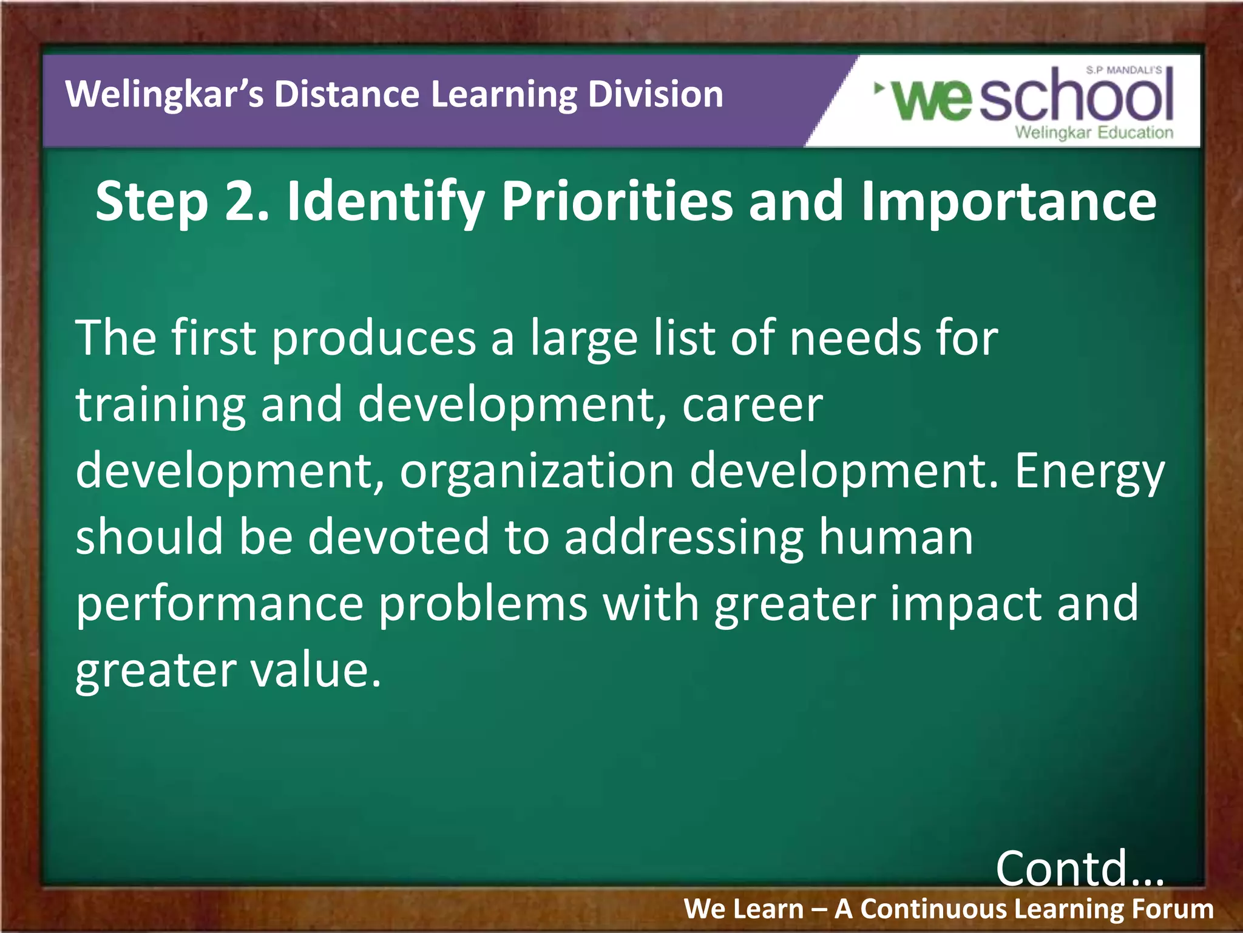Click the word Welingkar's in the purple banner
click(x=164, y=95)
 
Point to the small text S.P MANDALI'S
click(x=1124, y=70)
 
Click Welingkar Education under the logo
click(x=1094, y=132)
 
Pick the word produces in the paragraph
click(x=373, y=338)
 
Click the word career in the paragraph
click(x=752, y=405)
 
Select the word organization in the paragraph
click(x=537, y=471)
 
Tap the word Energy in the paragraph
click(x=1089, y=473)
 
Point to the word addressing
click(x=683, y=538)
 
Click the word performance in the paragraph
click(x=219, y=604)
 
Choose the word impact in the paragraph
click(x=965, y=604)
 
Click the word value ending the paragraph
click(x=316, y=670)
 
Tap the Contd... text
click(x=1080, y=869)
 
